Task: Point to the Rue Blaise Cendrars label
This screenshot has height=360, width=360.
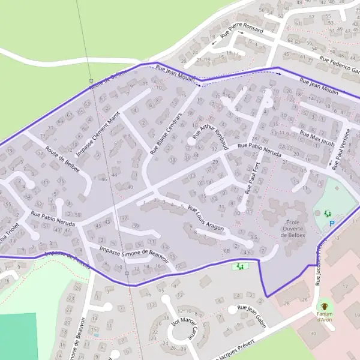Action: point(165,133)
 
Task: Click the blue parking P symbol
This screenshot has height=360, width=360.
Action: point(332,224)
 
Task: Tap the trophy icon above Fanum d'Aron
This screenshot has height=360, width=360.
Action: point(325,304)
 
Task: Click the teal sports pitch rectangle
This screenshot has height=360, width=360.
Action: point(17,337)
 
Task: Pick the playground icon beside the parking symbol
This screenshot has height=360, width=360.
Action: point(327,213)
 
